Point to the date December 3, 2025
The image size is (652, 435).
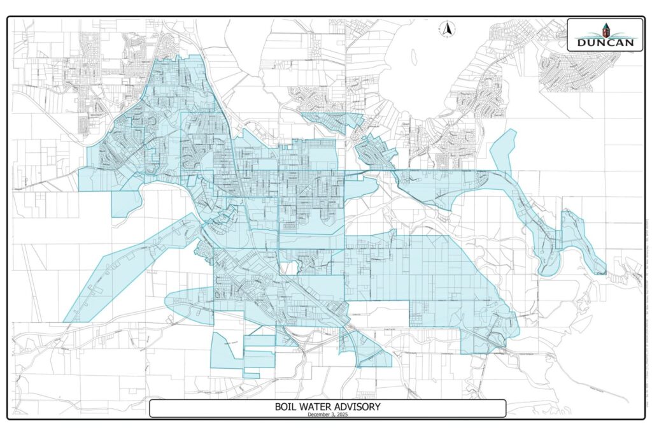click(x=327, y=415)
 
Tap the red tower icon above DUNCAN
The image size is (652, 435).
click(x=606, y=31)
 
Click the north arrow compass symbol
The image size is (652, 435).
click(x=448, y=29)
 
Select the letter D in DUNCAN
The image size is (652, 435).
click(x=581, y=43)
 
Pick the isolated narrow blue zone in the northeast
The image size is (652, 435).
click(x=503, y=152)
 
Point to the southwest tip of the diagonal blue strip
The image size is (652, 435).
click(x=66, y=320)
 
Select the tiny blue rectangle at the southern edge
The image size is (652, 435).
click(x=251, y=375)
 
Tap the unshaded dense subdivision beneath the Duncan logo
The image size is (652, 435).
click(x=576, y=70)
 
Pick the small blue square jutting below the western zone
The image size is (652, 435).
click(x=125, y=203)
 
